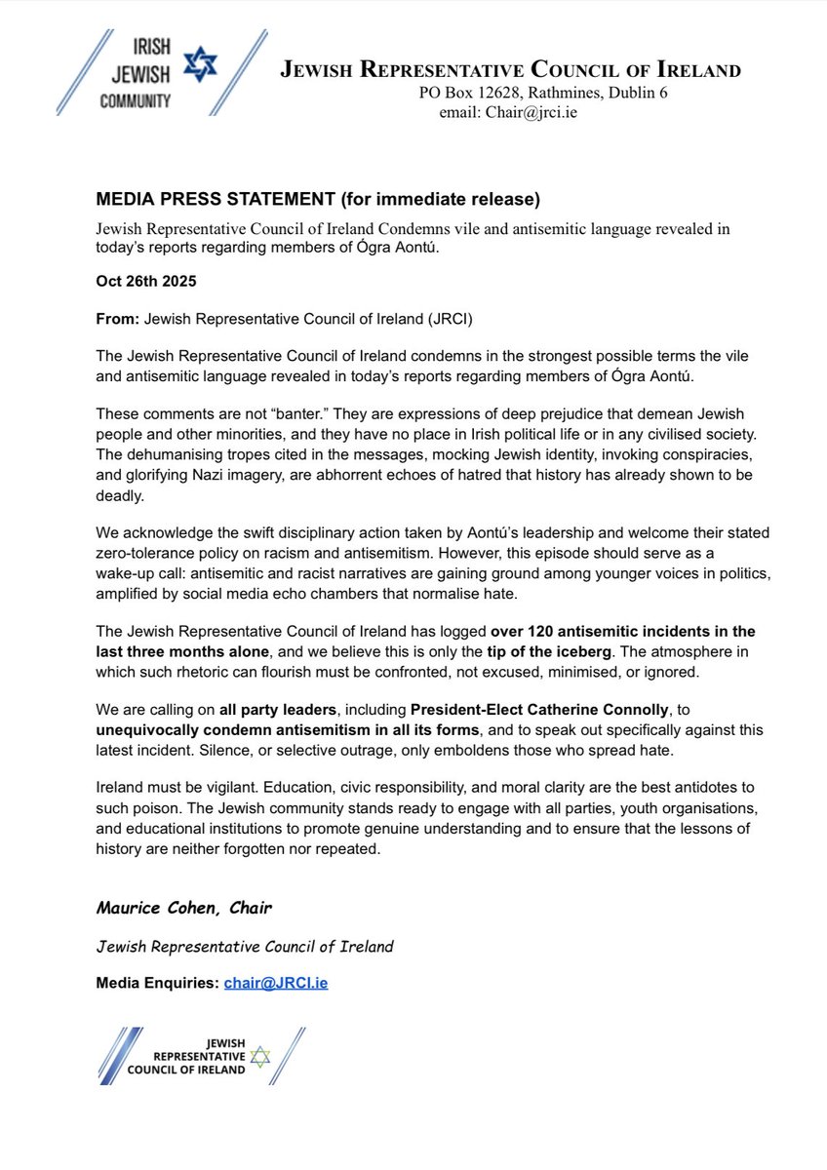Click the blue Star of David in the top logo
click(203, 65)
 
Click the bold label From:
click(116, 319)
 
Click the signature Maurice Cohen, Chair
click(183, 908)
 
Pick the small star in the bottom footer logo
click(259, 1057)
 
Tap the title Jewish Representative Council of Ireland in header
click(510, 70)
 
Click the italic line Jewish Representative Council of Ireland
click(245, 946)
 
